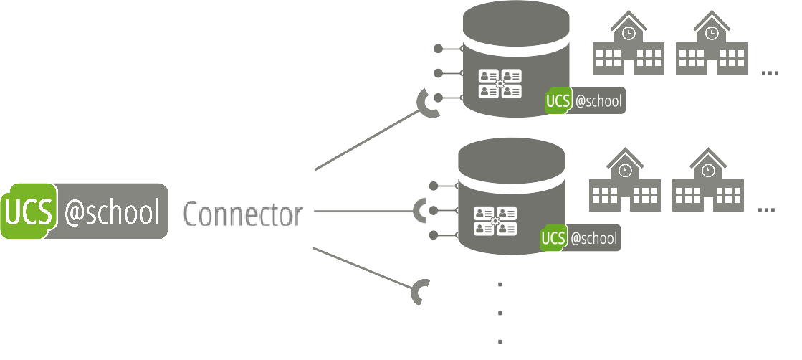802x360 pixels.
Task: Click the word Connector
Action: (242, 214)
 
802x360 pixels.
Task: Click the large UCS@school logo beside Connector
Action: (84, 212)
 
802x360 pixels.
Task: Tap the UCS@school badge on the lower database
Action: (581, 239)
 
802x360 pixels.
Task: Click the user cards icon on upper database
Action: (500, 83)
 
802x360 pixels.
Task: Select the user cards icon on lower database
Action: (495, 220)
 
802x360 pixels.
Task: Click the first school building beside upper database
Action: (629, 44)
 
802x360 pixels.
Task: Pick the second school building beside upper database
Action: (712, 44)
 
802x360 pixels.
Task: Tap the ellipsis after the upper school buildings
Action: (770, 73)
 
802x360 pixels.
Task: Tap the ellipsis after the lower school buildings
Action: (766, 210)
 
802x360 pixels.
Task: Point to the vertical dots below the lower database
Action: (500, 313)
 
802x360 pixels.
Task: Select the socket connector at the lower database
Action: (421, 211)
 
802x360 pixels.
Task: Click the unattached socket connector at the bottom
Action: (420, 292)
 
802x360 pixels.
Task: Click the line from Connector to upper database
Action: (366, 141)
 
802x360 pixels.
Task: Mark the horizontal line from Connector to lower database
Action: (362, 212)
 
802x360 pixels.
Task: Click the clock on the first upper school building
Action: (629, 33)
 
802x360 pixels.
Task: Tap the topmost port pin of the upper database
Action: (439, 49)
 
